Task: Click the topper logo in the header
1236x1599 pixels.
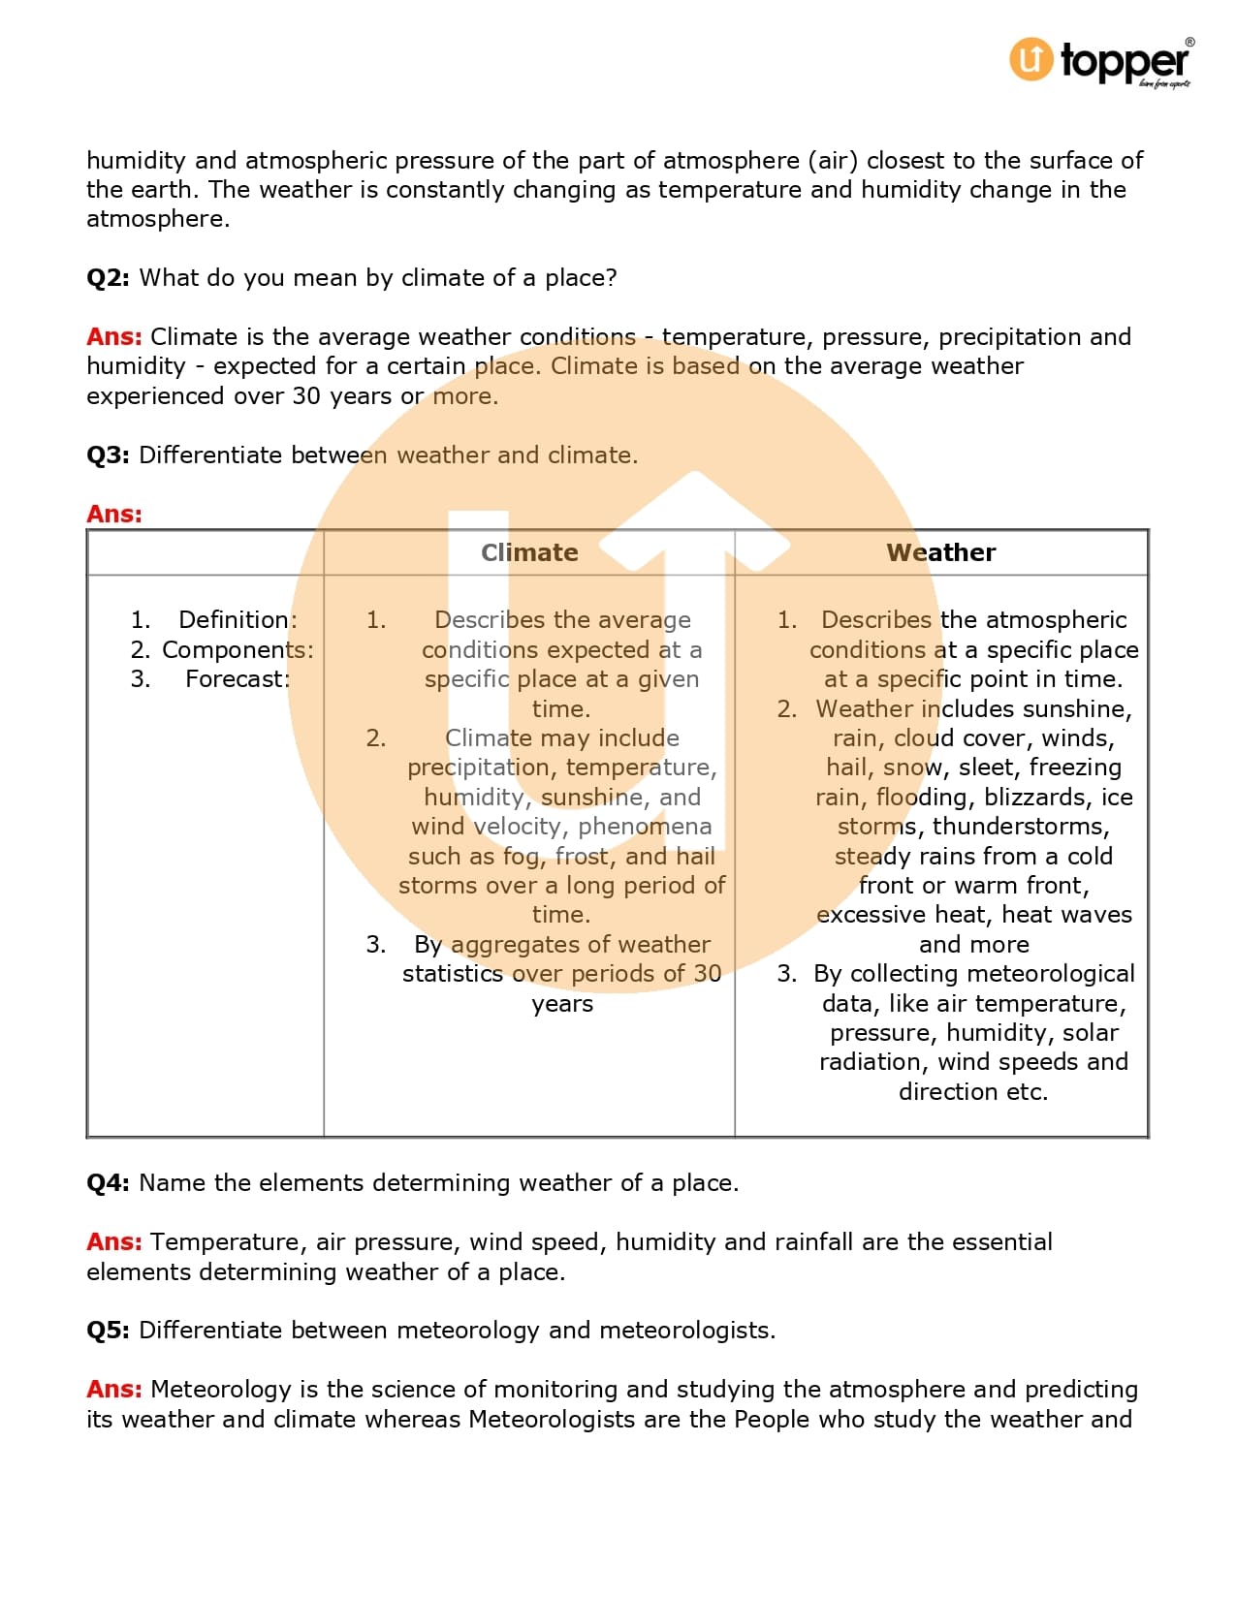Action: click(x=1100, y=62)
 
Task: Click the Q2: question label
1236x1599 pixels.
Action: click(x=108, y=278)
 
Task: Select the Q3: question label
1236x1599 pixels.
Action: click(x=108, y=455)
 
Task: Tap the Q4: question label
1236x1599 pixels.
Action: click(x=108, y=1183)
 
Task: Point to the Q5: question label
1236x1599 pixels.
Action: click(x=108, y=1331)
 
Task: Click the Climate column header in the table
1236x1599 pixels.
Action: click(x=529, y=552)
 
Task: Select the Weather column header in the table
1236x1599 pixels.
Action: click(x=940, y=552)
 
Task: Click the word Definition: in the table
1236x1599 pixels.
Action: click(x=238, y=620)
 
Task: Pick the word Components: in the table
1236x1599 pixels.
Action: click(x=238, y=649)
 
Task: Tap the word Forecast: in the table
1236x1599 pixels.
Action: click(x=238, y=679)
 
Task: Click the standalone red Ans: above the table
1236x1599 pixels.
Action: click(x=114, y=515)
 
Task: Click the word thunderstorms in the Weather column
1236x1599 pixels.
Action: click(x=1021, y=827)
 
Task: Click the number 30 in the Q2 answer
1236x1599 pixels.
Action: click(x=306, y=396)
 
